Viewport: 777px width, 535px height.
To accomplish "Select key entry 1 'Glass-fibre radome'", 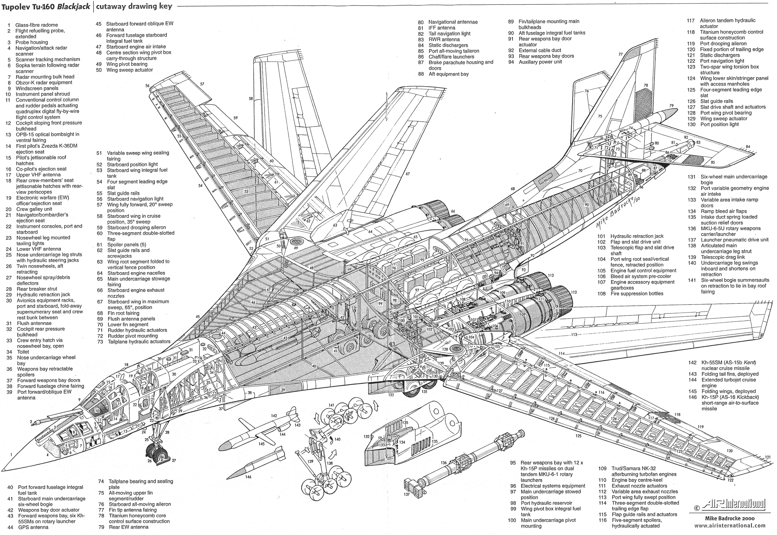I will click(x=36, y=25).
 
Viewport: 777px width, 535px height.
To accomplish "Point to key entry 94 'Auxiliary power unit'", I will click(x=540, y=62).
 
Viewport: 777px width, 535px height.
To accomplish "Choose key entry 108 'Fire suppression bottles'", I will click(x=636, y=293).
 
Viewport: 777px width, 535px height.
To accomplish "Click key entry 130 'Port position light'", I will click(x=719, y=124).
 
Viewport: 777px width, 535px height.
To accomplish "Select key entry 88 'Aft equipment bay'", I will click(x=448, y=74).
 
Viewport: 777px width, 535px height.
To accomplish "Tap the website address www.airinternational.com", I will click(x=729, y=526).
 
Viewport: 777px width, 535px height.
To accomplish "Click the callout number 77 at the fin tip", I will click(x=621, y=54).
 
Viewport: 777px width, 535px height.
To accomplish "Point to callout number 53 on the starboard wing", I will click(x=246, y=191).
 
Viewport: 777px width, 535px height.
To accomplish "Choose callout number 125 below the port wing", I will click(x=578, y=436).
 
